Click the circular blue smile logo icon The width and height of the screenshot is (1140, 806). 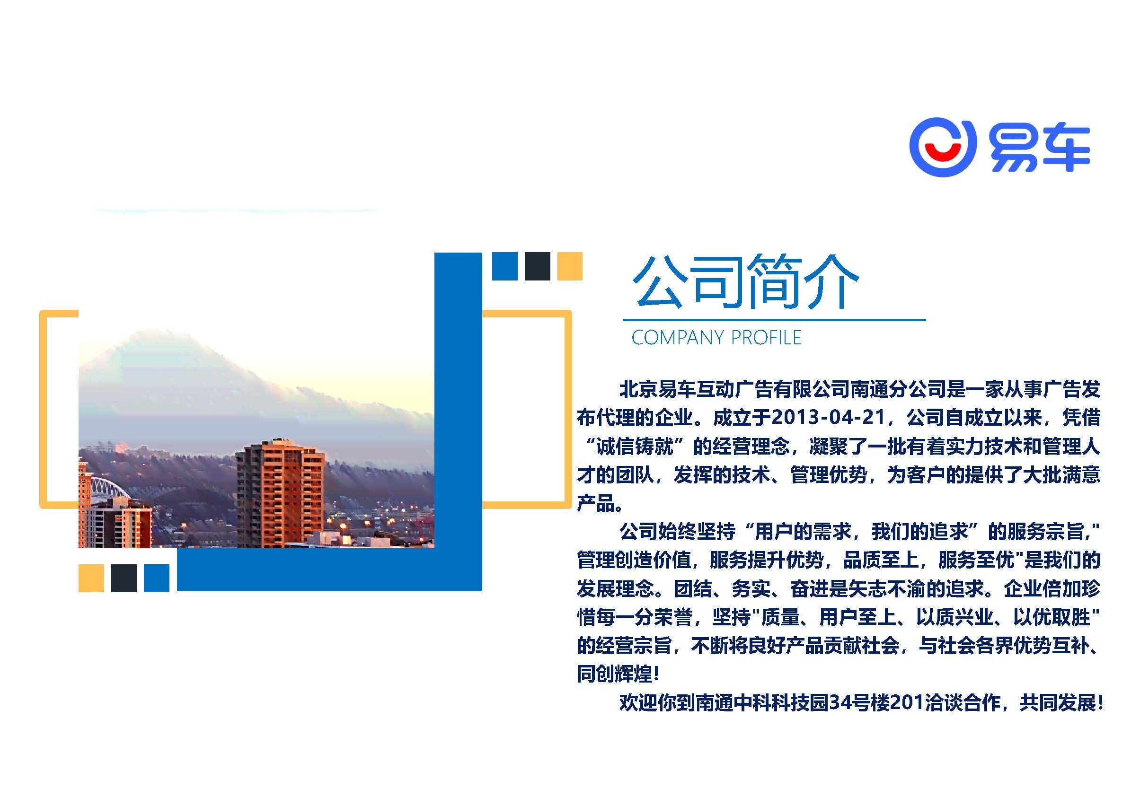click(x=942, y=147)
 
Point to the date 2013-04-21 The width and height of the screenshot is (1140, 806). click(x=829, y=417)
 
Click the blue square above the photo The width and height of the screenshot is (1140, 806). click(x=504, y=266)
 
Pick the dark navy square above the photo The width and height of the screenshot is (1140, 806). click(x=537, y=266)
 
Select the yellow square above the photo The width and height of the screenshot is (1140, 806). click(x=569, y=266)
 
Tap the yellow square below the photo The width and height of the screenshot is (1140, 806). click(x=91, y=578)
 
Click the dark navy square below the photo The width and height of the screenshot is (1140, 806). click(x=124, y=578)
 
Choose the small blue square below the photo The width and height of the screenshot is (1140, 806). click(x=157, y=578)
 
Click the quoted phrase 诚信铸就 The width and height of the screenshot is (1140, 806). click(x=635, y=446)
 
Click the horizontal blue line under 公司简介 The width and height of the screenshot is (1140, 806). click(x=774, y=320)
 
